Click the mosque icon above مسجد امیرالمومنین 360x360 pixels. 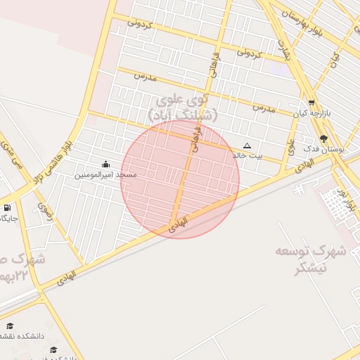click(x=105, y=165)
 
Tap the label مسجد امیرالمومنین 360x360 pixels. click(x=106, y=174)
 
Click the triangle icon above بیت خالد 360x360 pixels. click(x=247, y=146)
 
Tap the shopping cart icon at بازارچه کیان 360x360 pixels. click(x=311, y=103)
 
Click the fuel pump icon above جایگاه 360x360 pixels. click(x=7, y=208)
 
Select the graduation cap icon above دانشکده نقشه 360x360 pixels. click(x=10, y=326)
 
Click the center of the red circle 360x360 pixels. click(x=180, y=179)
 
